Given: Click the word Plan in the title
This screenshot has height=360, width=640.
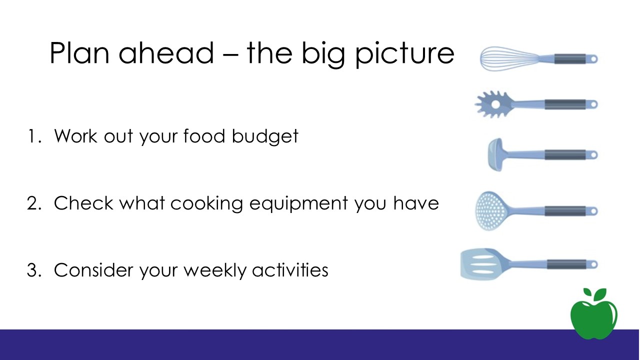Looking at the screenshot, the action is point(79,53).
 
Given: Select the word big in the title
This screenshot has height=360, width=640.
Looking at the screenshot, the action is point(323,54).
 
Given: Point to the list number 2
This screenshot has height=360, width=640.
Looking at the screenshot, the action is point(34,203).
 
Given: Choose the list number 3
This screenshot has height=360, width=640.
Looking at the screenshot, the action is point(34,270).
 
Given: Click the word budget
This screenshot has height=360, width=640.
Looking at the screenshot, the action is point(265,137).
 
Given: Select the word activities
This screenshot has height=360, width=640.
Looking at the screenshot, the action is point(290,269).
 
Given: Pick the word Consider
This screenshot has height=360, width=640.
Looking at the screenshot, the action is point(93,269).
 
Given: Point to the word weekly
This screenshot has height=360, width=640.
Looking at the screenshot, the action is point(215,270).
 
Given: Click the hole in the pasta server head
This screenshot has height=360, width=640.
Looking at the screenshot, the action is point(495,104).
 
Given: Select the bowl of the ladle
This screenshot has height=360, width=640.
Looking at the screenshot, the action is point(495,154).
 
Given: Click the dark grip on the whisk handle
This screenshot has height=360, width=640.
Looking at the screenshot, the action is point(570,58).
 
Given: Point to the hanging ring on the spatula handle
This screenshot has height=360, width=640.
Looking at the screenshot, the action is point(593,264).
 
